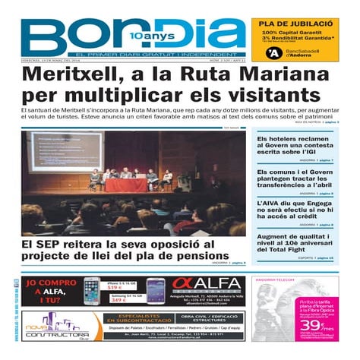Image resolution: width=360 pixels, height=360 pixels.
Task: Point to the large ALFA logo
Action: point(208,284)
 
